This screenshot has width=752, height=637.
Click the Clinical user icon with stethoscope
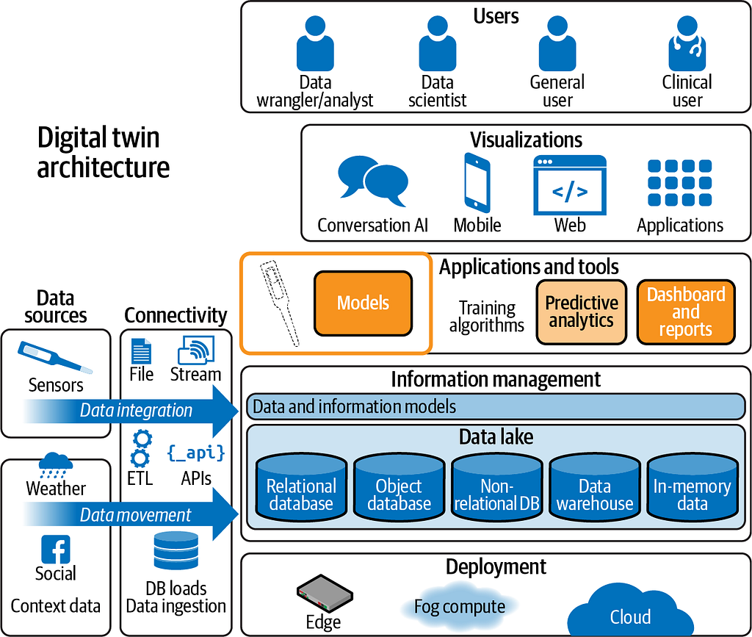point(687,43)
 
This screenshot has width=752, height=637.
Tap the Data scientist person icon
point(438,43)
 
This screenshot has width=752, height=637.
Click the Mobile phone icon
point(477,183)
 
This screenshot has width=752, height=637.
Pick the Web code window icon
point(570,185)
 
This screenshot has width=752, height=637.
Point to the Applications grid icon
point(679,183)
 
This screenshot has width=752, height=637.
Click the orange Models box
point(363,303)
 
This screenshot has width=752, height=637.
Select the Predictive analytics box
point(582,312)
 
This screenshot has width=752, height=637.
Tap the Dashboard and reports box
point(686,312)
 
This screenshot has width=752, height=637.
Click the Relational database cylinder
point(301,488)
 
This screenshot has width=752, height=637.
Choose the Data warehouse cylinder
point(595,488)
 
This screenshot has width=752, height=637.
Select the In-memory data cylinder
point(692,488)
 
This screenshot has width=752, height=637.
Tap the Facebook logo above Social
point(56,550)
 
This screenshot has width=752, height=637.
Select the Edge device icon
point(324,594)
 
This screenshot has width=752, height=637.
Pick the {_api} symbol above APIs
point(196,453)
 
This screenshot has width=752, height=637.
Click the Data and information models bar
point(496,407)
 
